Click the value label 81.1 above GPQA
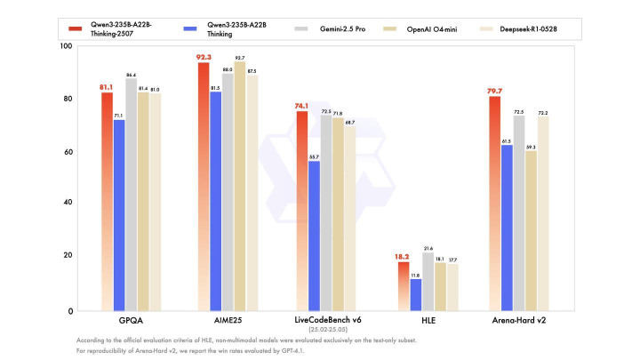[106, 86]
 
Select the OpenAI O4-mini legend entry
[429, 29]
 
